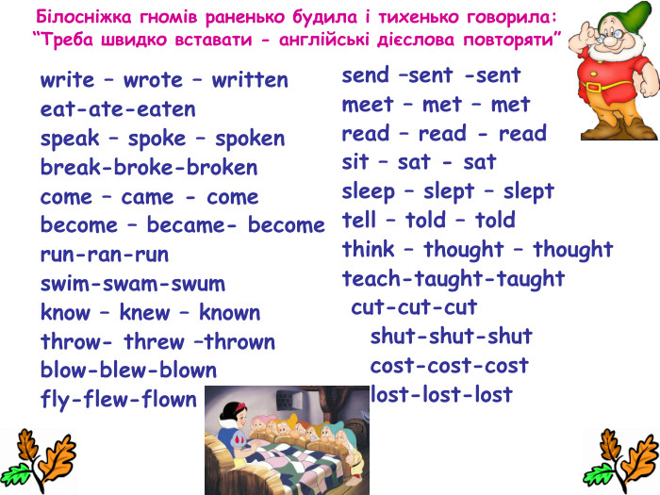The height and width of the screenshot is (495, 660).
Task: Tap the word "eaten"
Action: coord(169,109)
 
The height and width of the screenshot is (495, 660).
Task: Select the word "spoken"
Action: coord(250,139)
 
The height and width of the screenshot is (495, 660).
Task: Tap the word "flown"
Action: coord(170,400)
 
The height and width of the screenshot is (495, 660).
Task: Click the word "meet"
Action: coord(368,104)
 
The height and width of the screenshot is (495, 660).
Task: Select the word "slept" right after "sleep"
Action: coord(447,191)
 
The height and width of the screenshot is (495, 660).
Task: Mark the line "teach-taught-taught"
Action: coord(453,279)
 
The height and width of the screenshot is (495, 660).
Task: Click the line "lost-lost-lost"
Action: coord(441,394)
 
